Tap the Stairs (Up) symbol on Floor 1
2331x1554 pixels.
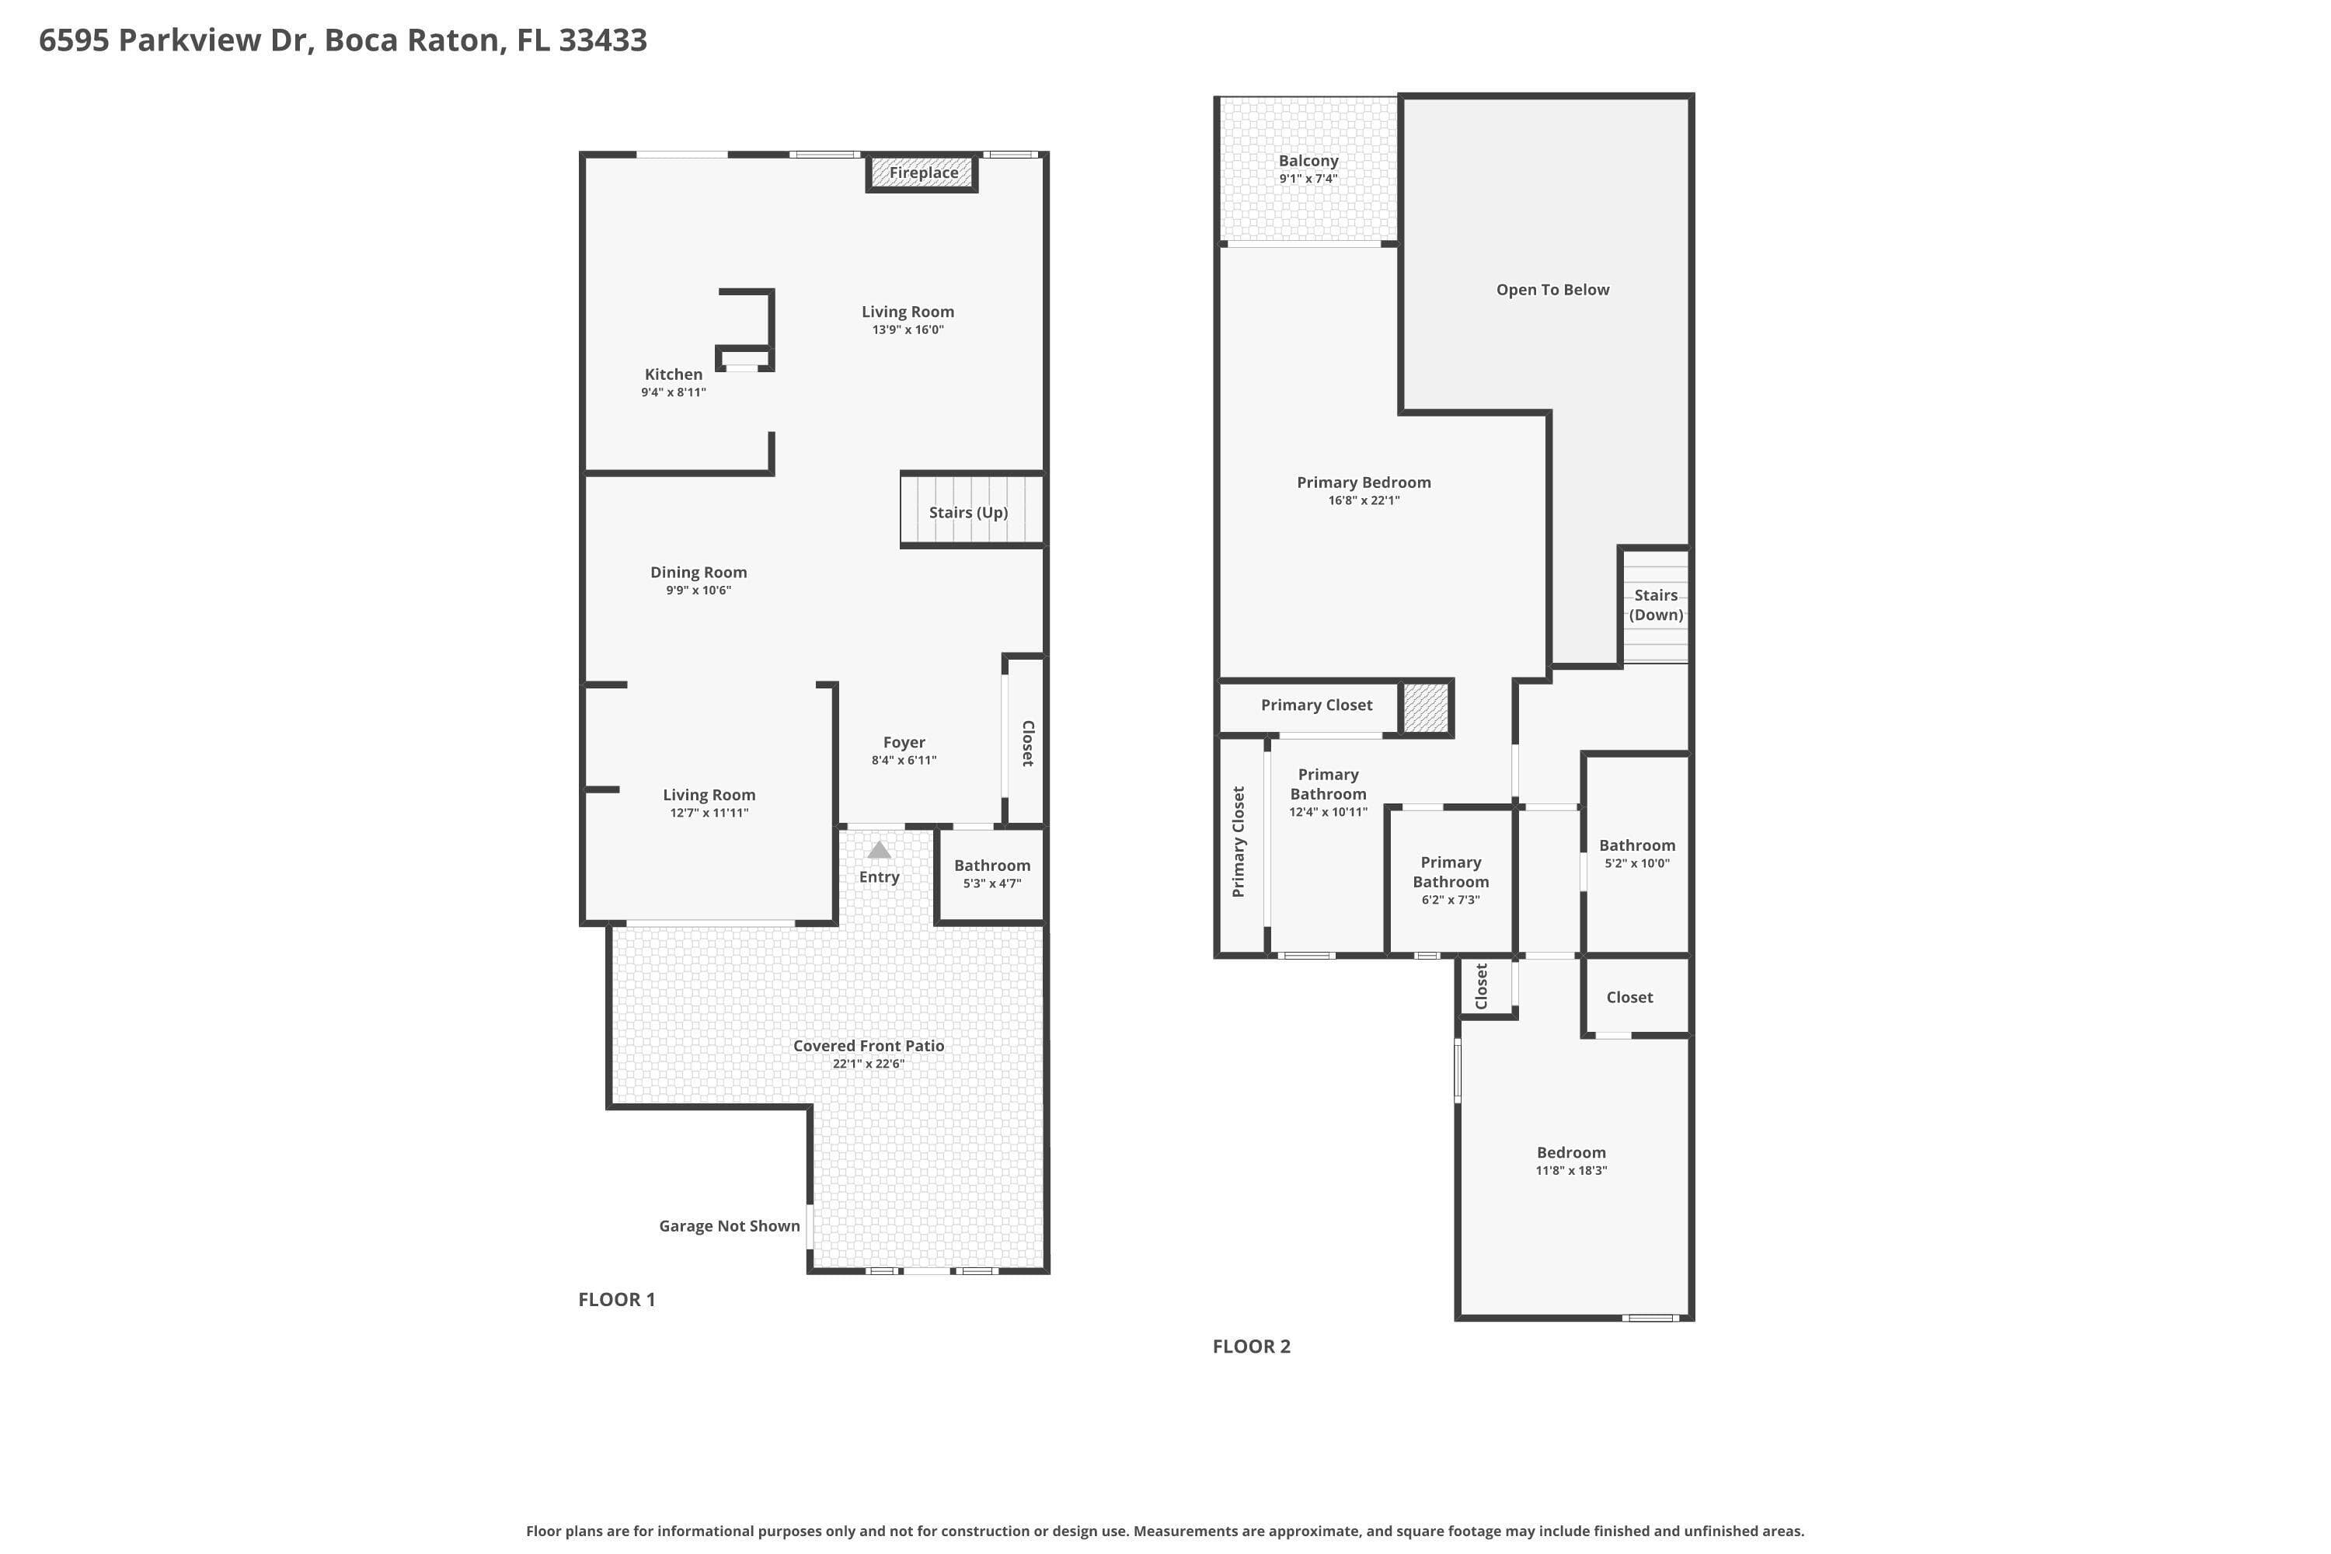coord(972,510)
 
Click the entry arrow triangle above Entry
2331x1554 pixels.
coord(879,850)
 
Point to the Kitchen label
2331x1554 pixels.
coord(674,375)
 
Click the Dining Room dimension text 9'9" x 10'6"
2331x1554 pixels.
coord(699,591)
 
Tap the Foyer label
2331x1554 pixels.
coord(904,742)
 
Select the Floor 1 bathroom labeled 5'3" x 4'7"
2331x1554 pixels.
coord(992,873)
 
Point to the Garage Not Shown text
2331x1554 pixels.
coord(730,1226)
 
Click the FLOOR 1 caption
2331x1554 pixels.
coord(616,1299)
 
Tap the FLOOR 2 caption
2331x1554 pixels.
coord(1252,1346)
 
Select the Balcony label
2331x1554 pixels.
coord(1308,161)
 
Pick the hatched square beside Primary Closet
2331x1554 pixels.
coord(1426,708)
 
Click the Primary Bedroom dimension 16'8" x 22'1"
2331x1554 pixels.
coord(1364,500)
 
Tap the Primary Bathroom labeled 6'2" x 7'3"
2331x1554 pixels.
coord(1451,881)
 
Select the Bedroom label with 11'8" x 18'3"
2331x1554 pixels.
coord(1572,1152)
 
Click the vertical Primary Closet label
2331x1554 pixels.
coord(1238,841)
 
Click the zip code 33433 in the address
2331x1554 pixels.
coord(603,40)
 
